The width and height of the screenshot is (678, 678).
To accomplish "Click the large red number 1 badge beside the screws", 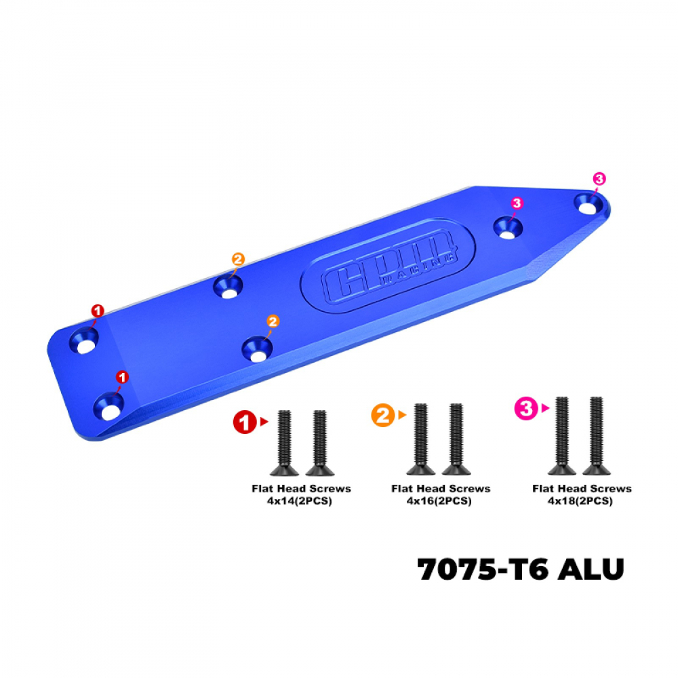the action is pos(245,422).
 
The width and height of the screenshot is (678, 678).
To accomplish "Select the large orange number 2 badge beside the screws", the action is pos(382,415).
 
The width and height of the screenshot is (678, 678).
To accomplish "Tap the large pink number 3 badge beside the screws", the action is pos(526,408).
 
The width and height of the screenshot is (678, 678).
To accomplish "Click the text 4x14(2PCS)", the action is pos(299,501).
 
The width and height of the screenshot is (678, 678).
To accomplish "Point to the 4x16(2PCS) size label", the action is pos(439,501).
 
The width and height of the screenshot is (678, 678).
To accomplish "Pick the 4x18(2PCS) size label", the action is pos(580,501).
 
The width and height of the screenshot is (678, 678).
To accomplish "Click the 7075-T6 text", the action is pos(482,569).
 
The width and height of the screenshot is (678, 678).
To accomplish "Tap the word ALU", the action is pos(591,569).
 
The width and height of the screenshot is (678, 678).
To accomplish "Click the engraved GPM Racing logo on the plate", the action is pos(388,265).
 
